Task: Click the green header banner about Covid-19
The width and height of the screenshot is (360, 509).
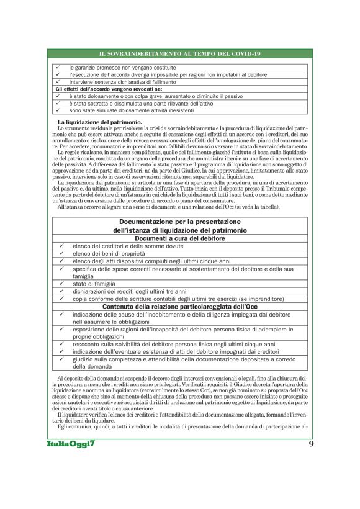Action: [x=179, y=55]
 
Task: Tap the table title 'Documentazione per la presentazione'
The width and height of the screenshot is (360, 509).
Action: [x=180, y=222]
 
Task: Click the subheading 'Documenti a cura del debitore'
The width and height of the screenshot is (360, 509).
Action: [x=180, y=238]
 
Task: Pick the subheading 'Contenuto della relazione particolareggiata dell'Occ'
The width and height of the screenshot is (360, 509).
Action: [x=180, y=307]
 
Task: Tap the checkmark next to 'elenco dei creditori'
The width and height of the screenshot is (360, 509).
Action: [x=61, y=246]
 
